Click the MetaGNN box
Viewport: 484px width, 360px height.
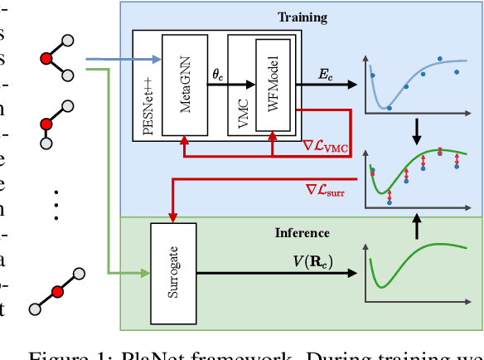[x=184, y=85]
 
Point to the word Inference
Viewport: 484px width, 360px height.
[x=302, y=233]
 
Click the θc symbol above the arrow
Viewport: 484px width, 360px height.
[x=217, y=74]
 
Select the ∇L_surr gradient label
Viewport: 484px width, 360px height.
[x=327, y=190]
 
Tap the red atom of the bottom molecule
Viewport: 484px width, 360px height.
[x=56, y=291]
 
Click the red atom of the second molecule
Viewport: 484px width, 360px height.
[x=47, y=124]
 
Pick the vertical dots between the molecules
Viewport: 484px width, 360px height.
[x=56, y=202]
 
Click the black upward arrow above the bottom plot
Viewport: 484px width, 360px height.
[x=417, y=222]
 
